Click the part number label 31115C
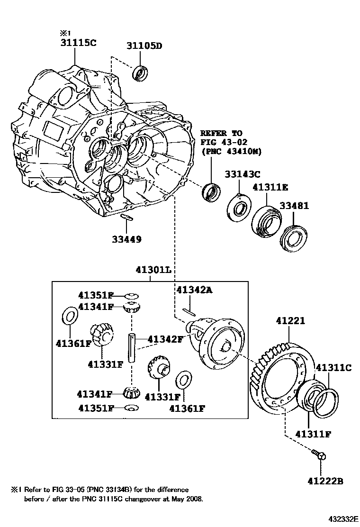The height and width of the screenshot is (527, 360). coord(78,43)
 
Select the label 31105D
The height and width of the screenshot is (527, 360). coord(144,46)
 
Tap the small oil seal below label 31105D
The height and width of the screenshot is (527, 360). coord(140,73)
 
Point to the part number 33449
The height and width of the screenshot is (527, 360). coord(126,239)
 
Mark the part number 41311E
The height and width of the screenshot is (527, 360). coord(270,187)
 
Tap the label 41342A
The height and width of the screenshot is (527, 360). coord(194,290)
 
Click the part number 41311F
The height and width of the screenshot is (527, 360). coord(313,434)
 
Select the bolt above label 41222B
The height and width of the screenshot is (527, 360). coord(319,456)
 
